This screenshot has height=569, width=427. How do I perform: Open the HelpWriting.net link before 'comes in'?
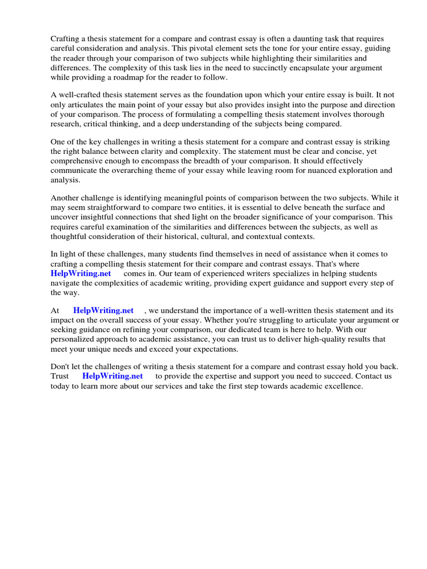click(x=81, y=273)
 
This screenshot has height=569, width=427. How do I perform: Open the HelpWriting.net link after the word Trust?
click(x=112, y=376)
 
